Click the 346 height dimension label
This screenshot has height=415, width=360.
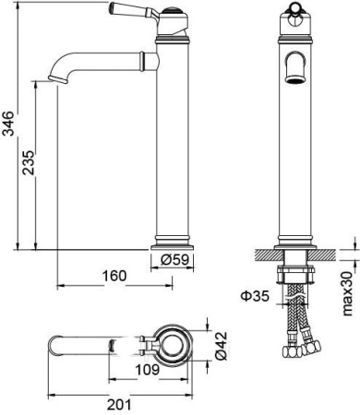tap(7, 124)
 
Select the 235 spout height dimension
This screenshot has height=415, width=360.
tap(30, 162)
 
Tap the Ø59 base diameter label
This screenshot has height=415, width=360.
tap(174, 260)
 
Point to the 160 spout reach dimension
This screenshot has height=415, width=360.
tap(114, 276)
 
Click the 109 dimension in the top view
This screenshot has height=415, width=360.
tap(148, 370)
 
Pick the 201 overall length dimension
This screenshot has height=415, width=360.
tap(119, 404)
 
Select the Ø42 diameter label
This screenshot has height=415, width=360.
tap(222, 346)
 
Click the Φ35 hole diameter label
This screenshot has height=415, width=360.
tap(255, 296)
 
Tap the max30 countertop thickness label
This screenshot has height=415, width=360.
tap(347, 293)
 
